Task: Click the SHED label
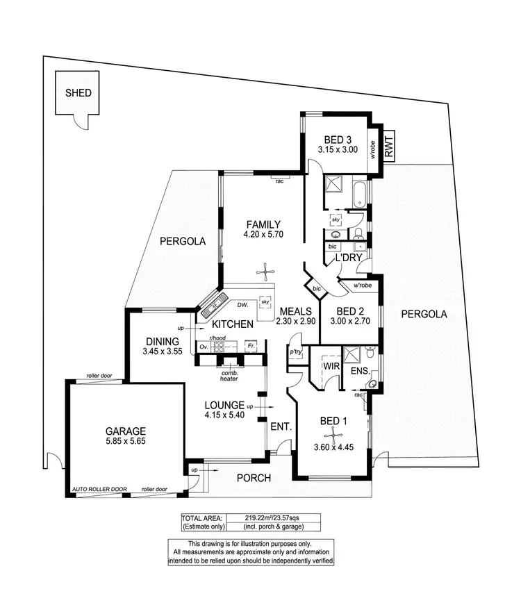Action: click(78, 92)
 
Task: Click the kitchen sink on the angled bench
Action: click(213, 304)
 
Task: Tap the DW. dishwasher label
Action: click(242, 305)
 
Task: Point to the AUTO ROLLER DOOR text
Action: click(99, 490)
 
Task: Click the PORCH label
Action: click(254, 478)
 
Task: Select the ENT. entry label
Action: click(281, 426)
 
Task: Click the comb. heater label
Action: click(229, 375)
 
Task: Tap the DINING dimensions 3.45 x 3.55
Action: click(163, 352)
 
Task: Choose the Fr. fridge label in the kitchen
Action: click(251, 346)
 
